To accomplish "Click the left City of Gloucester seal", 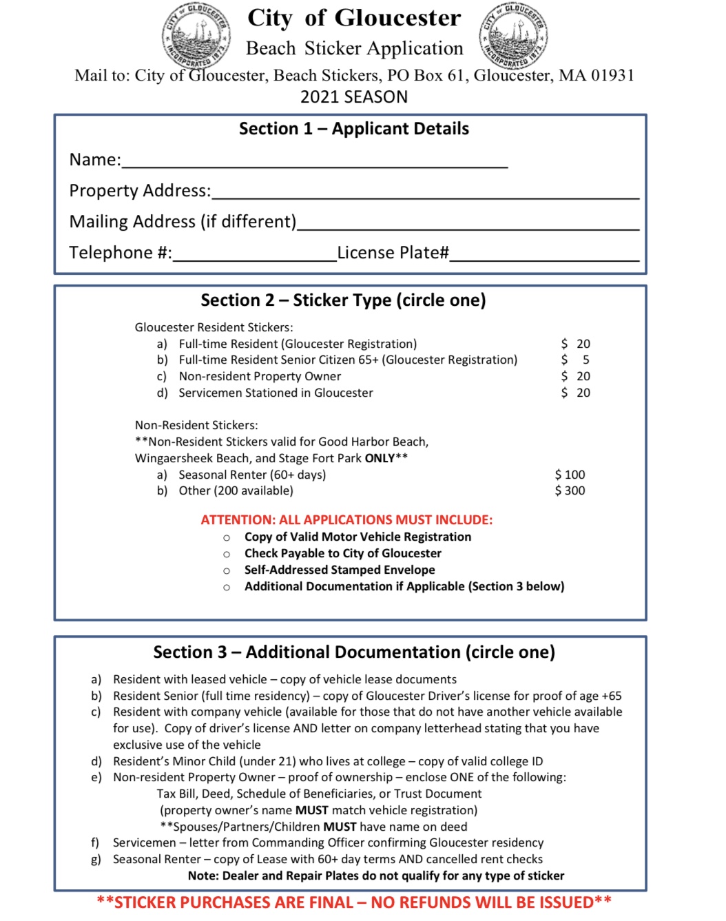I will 196,34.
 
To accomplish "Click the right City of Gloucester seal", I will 513,34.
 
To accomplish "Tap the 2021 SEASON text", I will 354,97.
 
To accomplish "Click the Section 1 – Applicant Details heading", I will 353,129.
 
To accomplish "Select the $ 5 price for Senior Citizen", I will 575,360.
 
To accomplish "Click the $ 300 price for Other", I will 570,490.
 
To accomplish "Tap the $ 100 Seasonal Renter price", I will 570,475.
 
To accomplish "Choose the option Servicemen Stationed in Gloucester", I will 276,393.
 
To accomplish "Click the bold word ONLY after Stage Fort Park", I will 380,458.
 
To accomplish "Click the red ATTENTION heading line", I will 346,520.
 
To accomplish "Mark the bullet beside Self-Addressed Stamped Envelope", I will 227,570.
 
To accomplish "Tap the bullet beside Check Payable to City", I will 227,554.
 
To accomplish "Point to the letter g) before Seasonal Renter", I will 96,860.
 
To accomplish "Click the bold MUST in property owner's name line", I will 311,810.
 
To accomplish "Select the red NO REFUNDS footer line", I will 354,902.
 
